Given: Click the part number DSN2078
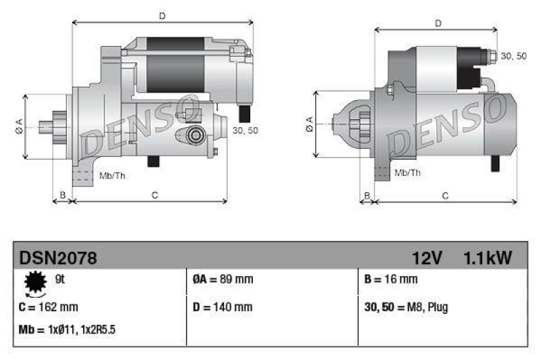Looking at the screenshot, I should (58, 258).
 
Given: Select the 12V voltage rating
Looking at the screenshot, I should (427, 258).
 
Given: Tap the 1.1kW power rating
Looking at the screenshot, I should (487, 258).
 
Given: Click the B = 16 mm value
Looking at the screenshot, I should (390, 279).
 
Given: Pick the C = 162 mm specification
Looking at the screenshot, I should (49, 307).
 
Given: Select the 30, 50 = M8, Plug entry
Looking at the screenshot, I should (406, 307).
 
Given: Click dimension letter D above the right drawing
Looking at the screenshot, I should (438, 23).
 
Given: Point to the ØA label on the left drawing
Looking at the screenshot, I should (19, 126).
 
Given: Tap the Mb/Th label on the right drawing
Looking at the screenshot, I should (407, 173).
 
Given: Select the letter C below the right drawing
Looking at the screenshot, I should (445, 196).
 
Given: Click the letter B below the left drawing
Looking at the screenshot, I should (62, 196).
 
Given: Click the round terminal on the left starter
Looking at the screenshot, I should (196, 135).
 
